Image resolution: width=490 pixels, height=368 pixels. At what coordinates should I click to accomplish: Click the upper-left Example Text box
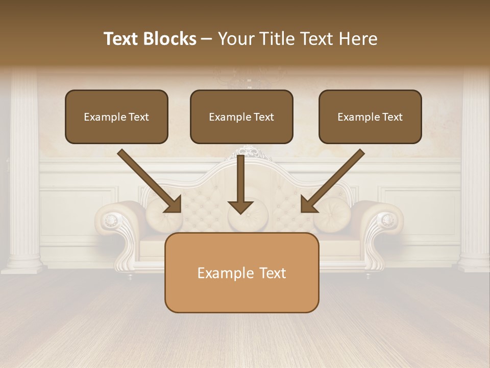click(116, 117)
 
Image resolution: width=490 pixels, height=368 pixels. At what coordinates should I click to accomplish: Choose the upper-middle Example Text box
click(241, 117)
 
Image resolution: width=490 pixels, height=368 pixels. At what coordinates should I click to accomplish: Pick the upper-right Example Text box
click(370, 117)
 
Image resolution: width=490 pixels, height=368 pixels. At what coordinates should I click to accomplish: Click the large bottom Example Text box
click(241, 272)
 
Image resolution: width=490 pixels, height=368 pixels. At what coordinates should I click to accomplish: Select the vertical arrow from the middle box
click(240, 181)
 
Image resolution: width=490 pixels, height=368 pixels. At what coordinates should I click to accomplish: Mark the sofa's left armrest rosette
click(111, 221)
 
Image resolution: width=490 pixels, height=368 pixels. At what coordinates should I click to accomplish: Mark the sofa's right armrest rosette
click(388, 220)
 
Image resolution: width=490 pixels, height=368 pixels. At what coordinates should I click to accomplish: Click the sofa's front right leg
click(368, 275)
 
